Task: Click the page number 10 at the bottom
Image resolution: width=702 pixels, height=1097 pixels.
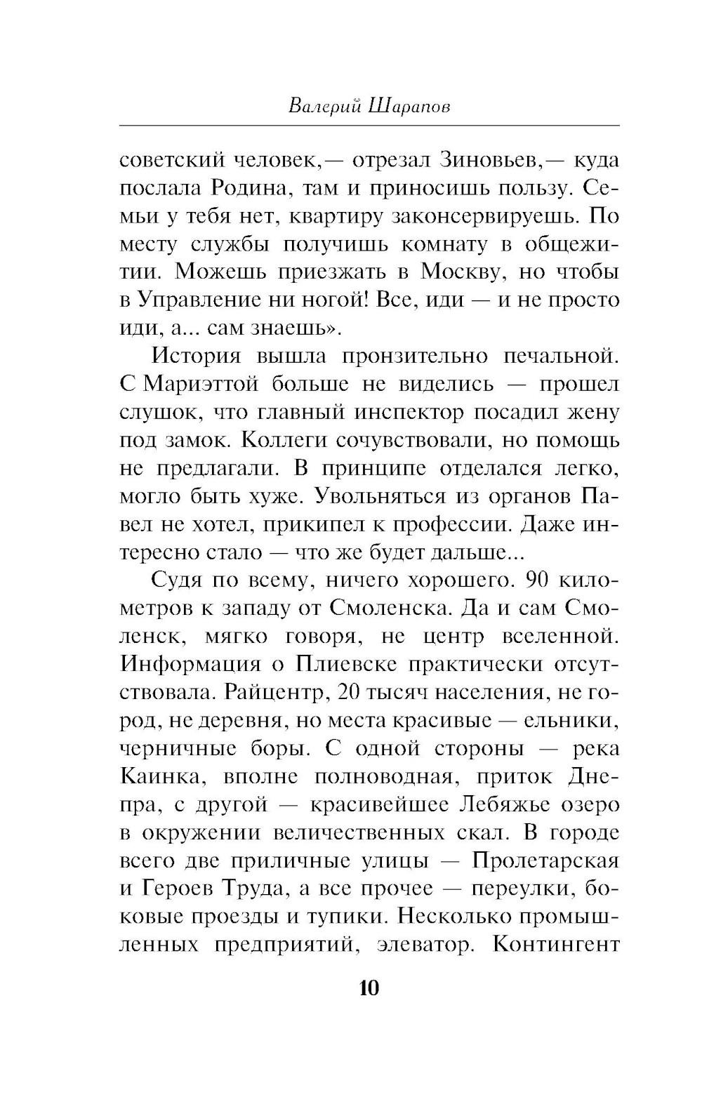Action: click(x=369, y=989)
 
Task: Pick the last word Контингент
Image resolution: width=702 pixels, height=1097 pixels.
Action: click(x=556, y=945)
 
